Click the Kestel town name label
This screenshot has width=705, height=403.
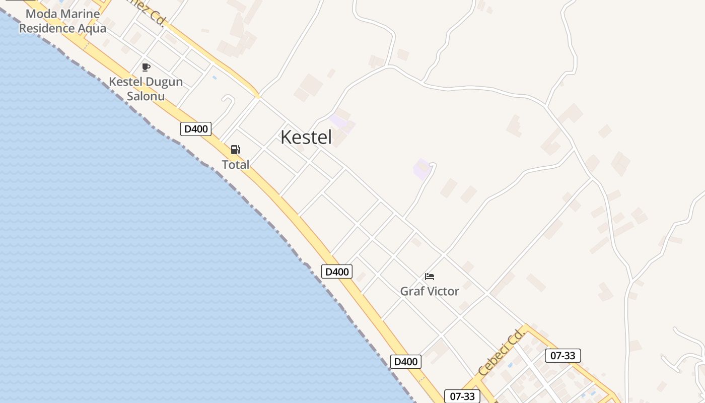click(306, 137)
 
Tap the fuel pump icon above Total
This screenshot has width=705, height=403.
click(235, 149)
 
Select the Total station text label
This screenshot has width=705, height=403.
click(236, 165)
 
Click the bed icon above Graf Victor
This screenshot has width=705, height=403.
click(430, 277)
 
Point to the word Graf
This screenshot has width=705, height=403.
click(411, 291)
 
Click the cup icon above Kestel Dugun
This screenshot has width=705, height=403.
click(146, 67)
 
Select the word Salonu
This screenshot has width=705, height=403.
click(146, 96)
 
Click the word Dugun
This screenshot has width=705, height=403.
click(164, 82)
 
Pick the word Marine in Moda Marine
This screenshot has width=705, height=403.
click(81, 14)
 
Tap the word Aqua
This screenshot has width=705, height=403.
click(92, 28)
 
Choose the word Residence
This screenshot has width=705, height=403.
click(47, 28)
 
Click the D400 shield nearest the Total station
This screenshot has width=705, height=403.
click(196, 129)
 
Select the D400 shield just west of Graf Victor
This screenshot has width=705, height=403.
click(337, 272)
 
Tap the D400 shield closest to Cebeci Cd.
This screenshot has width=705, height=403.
click(406, 362)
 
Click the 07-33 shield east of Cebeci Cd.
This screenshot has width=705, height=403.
click(563, 356)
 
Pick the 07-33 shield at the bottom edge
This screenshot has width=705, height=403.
click(462, 396)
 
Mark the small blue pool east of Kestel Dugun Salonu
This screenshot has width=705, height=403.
click(215, 78)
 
